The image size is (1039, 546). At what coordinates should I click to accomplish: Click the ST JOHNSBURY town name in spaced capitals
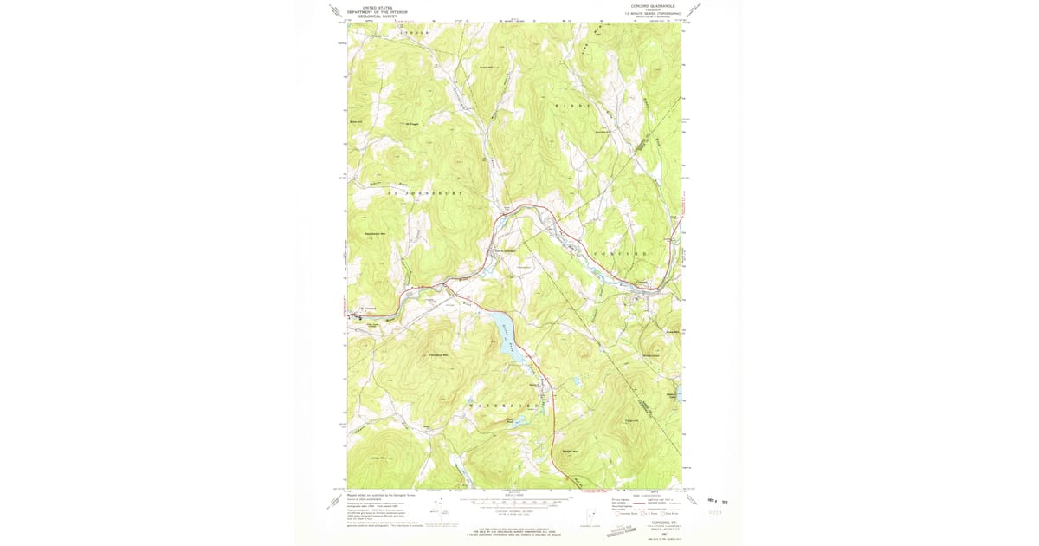[425, 192]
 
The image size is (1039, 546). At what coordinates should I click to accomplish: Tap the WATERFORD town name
[505, 406]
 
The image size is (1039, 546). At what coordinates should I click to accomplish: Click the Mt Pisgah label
[412, 122]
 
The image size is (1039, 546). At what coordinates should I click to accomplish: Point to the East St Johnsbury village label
[505, 252]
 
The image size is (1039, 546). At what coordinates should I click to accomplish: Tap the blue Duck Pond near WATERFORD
[514, 423]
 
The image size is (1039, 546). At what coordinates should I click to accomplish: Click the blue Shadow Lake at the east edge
[677, 395]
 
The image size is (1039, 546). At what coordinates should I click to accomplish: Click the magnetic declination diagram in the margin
[443, 513]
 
